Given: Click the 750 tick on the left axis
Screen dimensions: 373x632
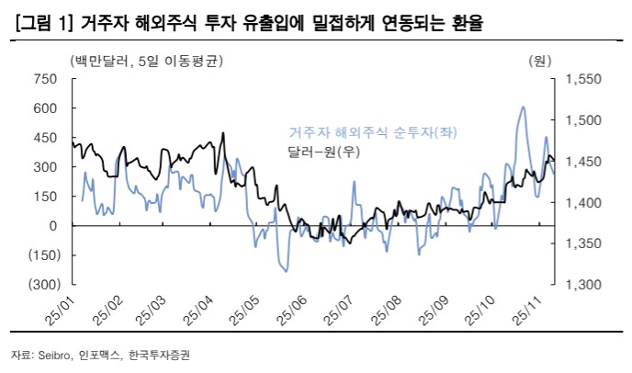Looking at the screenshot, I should [44, 79].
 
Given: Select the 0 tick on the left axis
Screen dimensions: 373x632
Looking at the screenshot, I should [52, 226].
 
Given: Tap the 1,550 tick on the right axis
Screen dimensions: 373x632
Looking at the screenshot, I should [582, 79].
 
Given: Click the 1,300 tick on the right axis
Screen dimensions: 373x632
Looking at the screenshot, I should [582, 284].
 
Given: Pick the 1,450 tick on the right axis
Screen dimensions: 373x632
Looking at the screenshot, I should [582, 162].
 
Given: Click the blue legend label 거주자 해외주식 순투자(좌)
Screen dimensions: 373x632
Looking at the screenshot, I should [373, 132].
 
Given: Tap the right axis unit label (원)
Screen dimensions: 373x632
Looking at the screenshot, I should [539, 62].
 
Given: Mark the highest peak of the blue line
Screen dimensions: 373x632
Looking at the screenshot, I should [523, 107].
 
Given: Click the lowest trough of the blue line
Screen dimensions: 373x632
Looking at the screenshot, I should [286, 271].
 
